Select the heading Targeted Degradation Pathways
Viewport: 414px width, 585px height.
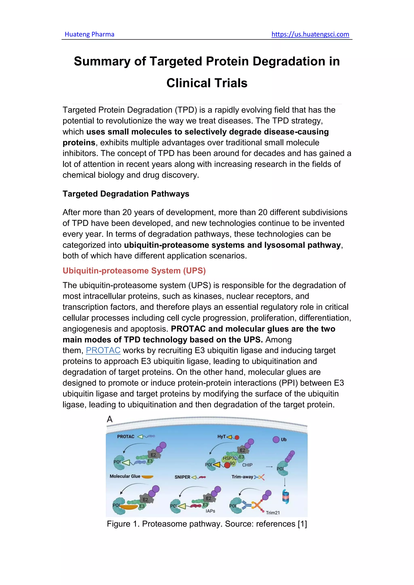click(x=126, y=194)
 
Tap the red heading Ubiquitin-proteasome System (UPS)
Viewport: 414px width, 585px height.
click(x=134, y=271)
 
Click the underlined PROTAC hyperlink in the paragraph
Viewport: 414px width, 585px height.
click(x=103, y=350)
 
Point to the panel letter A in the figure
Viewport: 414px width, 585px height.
click(x=110, y=419)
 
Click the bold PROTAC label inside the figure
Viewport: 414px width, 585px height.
click(x=126, y=437)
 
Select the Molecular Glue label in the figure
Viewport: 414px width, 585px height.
click(x=125, y=476)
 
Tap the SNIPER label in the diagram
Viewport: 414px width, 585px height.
click(x=182, y=477)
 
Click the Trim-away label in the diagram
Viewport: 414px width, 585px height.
click(x=242, y=477)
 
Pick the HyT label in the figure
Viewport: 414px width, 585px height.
click(x=221, y=437)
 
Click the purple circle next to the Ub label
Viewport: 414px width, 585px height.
click(x=276, y=440)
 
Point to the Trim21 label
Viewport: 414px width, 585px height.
click(x=273, y=513)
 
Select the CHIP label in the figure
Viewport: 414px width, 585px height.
click(x=247, y=465)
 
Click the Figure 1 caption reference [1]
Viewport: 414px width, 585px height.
click(x=302, y=524)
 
